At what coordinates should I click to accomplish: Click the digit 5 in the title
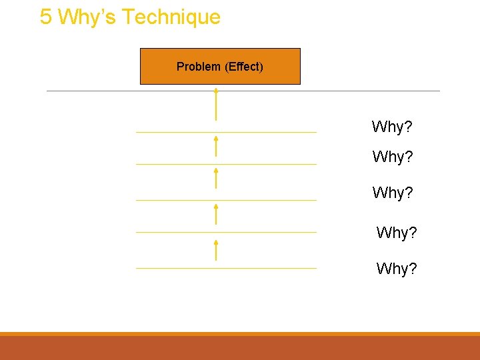tap(45, 17)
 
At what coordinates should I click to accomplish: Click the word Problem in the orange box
tap(198, 67)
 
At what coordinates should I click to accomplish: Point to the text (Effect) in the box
tap(244, 67)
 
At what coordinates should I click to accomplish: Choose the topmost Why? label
tap(392, 127)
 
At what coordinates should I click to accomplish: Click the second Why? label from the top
tap(393, 157)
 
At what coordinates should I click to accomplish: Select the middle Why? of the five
tap(393, 193)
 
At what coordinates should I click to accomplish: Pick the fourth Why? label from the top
tap(397, 233)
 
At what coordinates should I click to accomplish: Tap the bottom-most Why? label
tap(397, 269)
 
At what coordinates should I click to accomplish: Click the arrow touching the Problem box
tap(216, 103)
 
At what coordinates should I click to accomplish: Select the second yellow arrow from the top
tap(216, 146)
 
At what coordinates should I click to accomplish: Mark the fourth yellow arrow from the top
tap(216, 214)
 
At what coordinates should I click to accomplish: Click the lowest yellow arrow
tap(216, 249)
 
